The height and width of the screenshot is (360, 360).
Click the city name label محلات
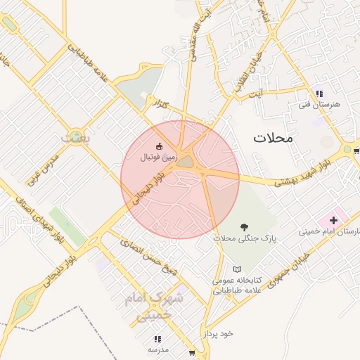point(273,139)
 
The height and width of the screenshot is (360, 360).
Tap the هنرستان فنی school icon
point(319,94)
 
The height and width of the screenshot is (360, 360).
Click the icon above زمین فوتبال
point(159,146)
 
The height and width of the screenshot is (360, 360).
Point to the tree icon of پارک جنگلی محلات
point(244,226)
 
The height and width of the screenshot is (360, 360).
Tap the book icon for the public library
point(237,269)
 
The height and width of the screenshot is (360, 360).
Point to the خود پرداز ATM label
point(219,333)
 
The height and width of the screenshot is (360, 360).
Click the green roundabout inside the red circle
point(184,162)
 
